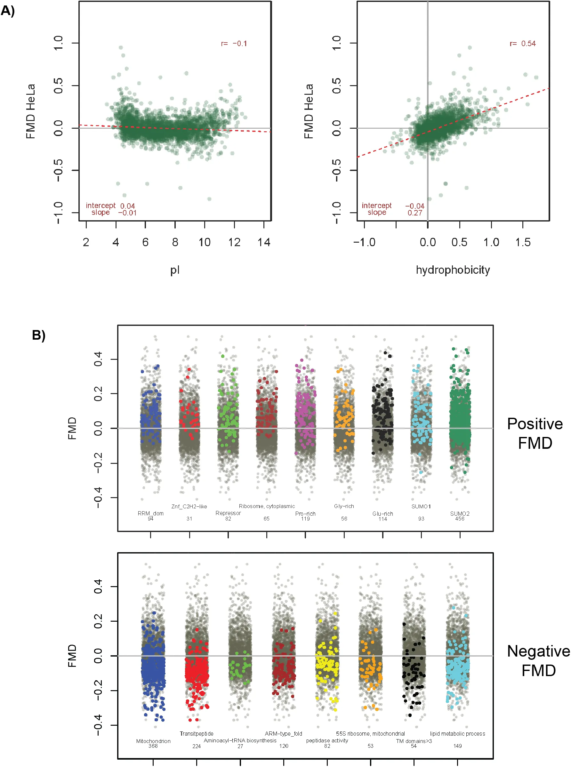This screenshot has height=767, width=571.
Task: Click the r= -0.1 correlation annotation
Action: point(234,44)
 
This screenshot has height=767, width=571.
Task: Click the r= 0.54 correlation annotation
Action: point(522,44)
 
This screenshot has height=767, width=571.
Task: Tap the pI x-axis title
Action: point(175,270)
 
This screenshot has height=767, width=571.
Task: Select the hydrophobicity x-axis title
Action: point(453,270)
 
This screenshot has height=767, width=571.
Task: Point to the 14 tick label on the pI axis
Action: point(264,242)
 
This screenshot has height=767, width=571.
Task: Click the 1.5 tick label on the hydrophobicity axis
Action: point(523,242)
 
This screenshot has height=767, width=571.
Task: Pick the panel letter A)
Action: point(8,11)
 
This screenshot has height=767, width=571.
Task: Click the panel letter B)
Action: point(39,335)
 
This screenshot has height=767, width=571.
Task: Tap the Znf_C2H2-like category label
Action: point(189,506)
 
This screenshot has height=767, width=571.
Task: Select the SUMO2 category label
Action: point(460,514)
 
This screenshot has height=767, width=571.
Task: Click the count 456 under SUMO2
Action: point(460,519)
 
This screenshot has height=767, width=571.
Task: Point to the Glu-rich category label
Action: point(382,514)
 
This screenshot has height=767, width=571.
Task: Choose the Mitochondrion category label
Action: point(153,741)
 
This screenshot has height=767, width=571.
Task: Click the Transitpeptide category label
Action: point(196,733)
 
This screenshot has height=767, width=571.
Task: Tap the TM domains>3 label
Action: point(414,741)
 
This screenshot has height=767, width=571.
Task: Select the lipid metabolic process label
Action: point(457,733)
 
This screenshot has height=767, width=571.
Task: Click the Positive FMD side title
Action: point(535,433)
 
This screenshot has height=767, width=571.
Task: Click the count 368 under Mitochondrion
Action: point(153,746)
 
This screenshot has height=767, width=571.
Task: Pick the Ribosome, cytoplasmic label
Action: point(267,506)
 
